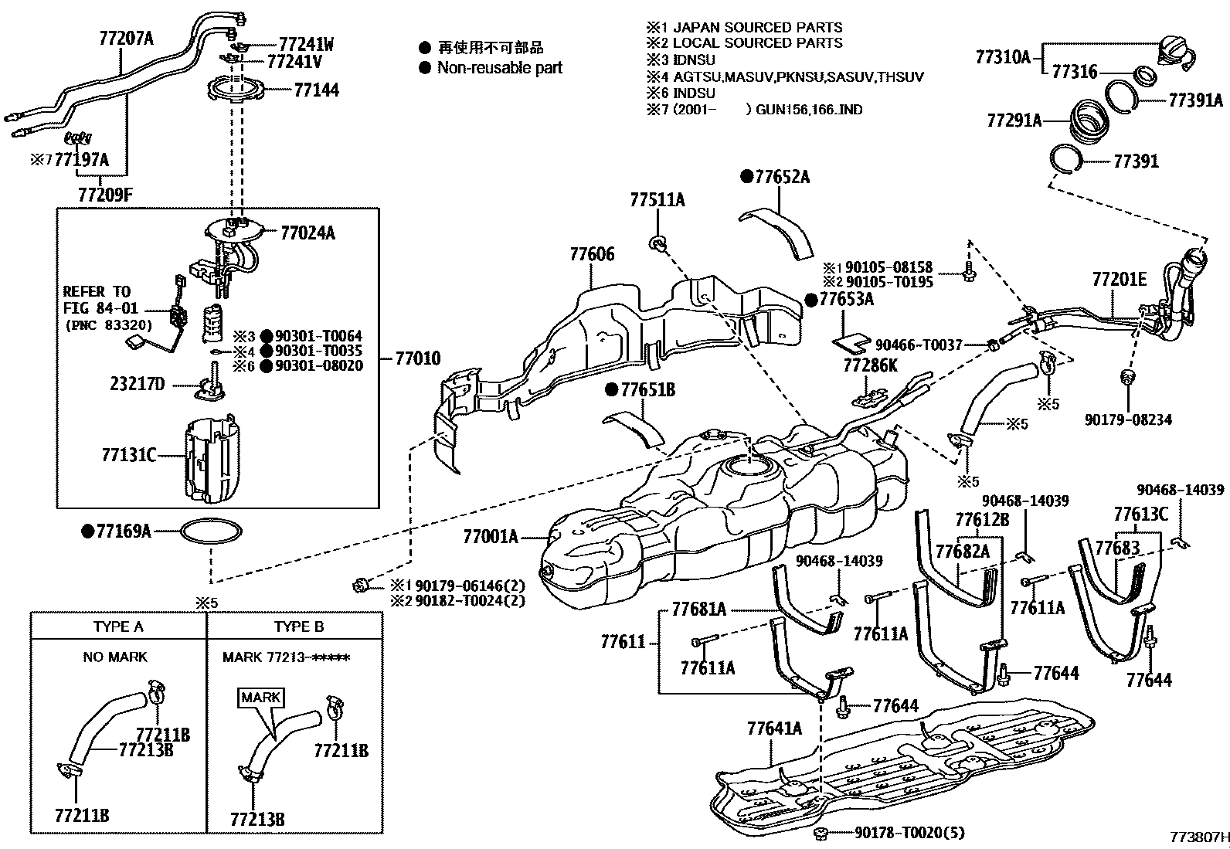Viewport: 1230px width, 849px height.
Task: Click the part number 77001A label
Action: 490,535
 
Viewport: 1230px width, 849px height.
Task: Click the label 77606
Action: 593,255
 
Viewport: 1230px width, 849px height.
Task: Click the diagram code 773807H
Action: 1198,837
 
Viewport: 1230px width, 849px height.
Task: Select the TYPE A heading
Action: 118,627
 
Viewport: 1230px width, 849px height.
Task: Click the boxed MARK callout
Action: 261,698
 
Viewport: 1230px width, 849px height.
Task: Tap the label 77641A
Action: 774,728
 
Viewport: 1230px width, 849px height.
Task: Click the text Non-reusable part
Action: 499,68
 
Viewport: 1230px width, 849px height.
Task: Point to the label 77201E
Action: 1119,280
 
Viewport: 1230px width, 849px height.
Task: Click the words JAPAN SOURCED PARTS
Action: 757,27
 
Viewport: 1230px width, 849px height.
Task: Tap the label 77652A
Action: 782,177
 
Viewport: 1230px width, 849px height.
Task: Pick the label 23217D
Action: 137,384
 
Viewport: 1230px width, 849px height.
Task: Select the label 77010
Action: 418,358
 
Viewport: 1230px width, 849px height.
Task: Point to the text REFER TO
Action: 96,291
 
